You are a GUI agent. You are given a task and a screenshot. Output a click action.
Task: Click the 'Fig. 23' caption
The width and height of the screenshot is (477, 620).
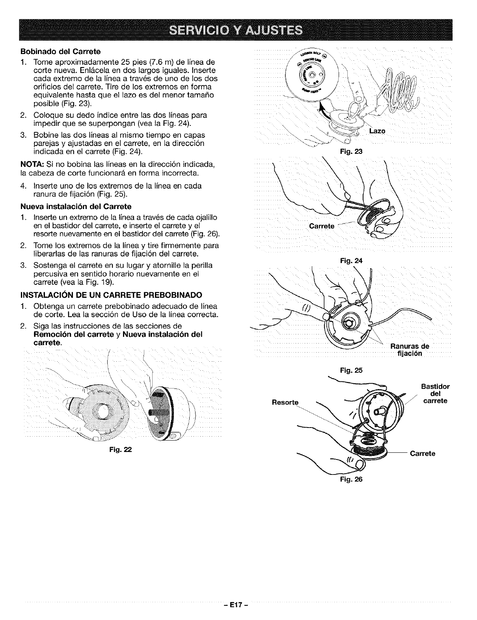tap(353, 151)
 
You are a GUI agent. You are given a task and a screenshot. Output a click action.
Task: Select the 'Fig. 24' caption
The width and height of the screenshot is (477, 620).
tap(353, 260)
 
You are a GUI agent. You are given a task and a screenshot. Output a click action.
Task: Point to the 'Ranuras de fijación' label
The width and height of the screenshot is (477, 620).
tap(409, 350)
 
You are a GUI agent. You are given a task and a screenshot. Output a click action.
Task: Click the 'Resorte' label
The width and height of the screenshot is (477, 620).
tap(285, 403)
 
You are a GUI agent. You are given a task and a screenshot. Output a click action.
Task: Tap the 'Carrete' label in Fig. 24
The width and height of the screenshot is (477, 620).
tap(322, 226)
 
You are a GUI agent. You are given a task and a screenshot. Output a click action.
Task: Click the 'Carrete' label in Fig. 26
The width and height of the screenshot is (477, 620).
tap(423, 454)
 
